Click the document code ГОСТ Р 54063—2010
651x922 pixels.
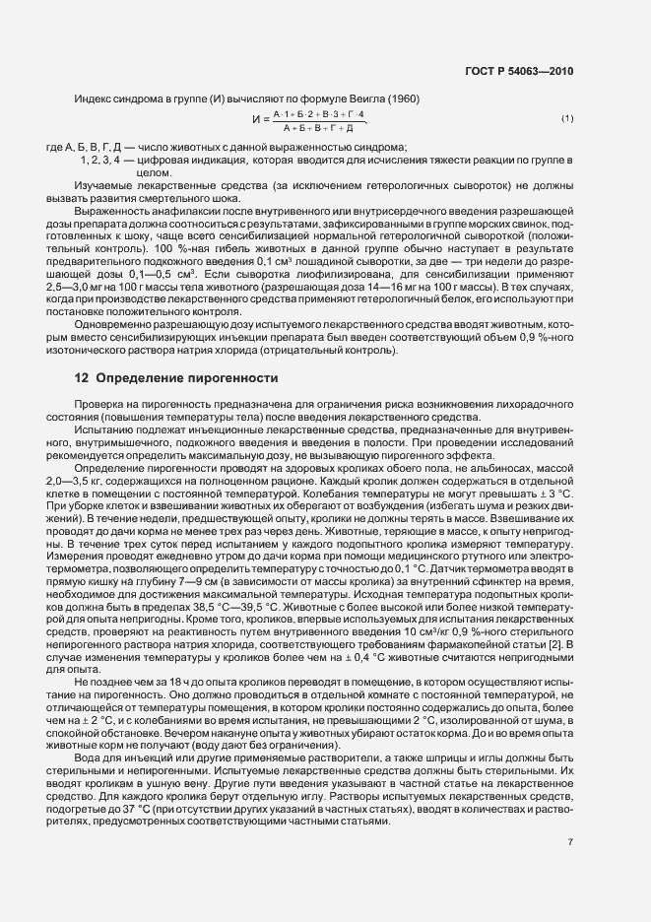(x=519, y=71)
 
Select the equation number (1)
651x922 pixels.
(x=567, y=119)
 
